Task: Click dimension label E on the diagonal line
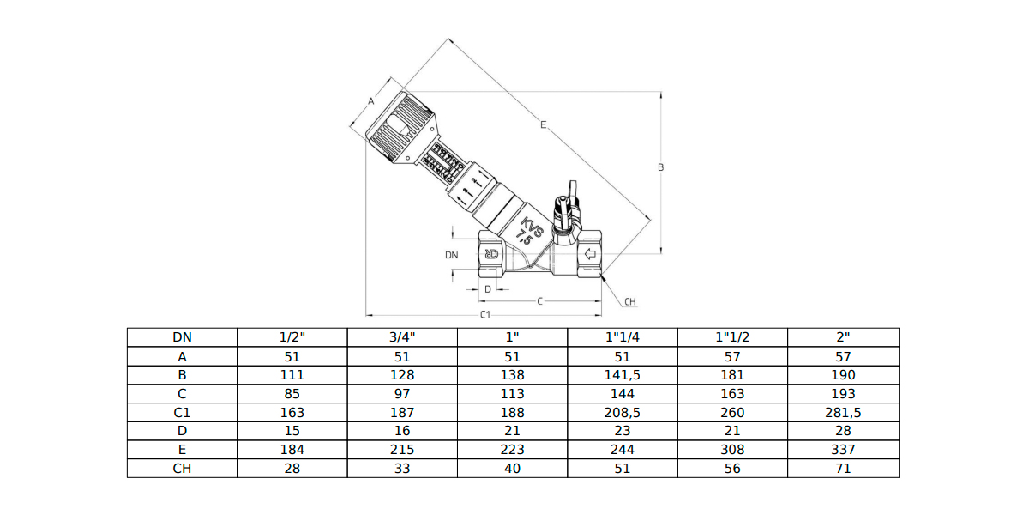pyautogui.click(x=544, y=124)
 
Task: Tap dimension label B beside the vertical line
pyautogui.click(x=660, y=167)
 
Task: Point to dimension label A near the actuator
pyautogui.click(x=371, y=101)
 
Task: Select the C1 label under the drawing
pyautogui.click(x=485, y=314)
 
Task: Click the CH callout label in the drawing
pyautogui.click(x=630, y=301)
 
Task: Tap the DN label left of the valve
pyautogui.click(x=452, y=255)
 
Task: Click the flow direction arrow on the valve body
pyautogui.click(x=590, y=254)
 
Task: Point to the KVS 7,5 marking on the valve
pyautogui.click(x=528, y=233)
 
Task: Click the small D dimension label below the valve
pyautogui.click(x=488, y=289)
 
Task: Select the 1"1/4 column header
pyautogui.click(x=623, y=337)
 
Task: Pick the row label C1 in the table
pyautogui.click(x=182, y=413)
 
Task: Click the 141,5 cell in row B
pyautogui.click(x=623, y=375)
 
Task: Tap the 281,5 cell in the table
pyautogui.click(x=843, y=413)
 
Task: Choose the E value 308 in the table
pyautogui.click(x=732, y=450)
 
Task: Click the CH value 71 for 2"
pyautogui.click(x=843, y=469)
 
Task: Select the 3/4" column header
pyautogui.click(x=402, y=337)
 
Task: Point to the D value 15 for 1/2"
pyautogui.click(x=292, y=431)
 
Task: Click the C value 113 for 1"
pyautogui.click(x=512, y=394)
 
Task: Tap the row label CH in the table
pyautogui.click(x=182, y=469)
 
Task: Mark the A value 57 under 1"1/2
pyautogui.click(x=732, y=357)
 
